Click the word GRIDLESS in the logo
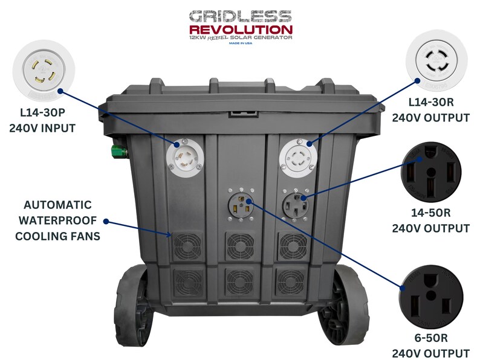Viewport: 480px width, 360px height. tap(239, 16)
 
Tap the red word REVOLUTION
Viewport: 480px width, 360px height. tap(240, 29)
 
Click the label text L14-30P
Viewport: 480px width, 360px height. tap(42, 112)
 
